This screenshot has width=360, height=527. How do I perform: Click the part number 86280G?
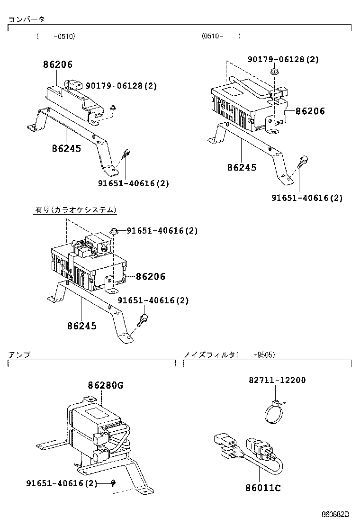pyautogui.click(x=105, y=386)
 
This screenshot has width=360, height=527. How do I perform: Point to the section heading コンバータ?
pyautogui.click(x=27, y=19)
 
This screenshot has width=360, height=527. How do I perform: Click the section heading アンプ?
pyautogui.click(x=19, y=354)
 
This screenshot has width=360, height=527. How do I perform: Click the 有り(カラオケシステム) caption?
pyautogui.click(x=76, y=209)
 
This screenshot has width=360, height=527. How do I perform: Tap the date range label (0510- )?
pyautogui.click(x=221, y=36)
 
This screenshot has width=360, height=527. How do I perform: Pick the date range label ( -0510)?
pyautogui.click(x=55, y=36)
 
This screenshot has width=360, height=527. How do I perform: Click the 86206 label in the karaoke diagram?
pyautogui.click(x=150, y=277)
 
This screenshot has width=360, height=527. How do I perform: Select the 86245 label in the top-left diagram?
pyautogui.click(x=66, y=149)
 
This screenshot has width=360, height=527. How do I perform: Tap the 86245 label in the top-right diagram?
pyautogui.click(x=242, y=167)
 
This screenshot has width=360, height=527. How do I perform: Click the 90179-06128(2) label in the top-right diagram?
pyautogui.click(x=283, y=59)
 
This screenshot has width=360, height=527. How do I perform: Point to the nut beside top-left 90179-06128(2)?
pyautogui.click(x=113, y=107)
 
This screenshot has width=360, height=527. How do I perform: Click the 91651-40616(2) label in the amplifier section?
pyautogui.click(x=62, y=483)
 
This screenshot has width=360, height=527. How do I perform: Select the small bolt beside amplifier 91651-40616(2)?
pyautogui.click(x=114, y=483)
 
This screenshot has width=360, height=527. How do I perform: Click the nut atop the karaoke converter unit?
pyautogui.click(x=114, y=231)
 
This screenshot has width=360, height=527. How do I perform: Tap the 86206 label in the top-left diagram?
pyautogui.click(x=58, y=64)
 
